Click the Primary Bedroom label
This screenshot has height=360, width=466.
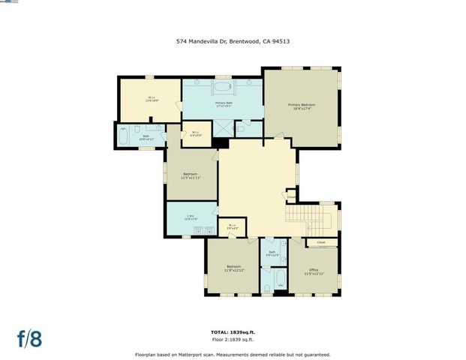point(302,106)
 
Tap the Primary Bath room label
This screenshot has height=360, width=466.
point(223,104)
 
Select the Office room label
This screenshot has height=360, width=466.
point(314,272)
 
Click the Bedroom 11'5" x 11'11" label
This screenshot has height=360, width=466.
point(191,175)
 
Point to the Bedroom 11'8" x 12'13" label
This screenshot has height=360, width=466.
point(234,268)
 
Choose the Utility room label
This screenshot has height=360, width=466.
point(191,217)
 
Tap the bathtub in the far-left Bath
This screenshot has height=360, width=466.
point(123,138)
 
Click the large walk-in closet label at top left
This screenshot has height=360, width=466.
point(150,98)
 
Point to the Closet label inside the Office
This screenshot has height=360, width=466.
point(321,242)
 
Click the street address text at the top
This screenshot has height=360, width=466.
point(233,42)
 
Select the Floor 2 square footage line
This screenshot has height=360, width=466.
point(233,340)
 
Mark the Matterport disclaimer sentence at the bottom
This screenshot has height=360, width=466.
point(233,354)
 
